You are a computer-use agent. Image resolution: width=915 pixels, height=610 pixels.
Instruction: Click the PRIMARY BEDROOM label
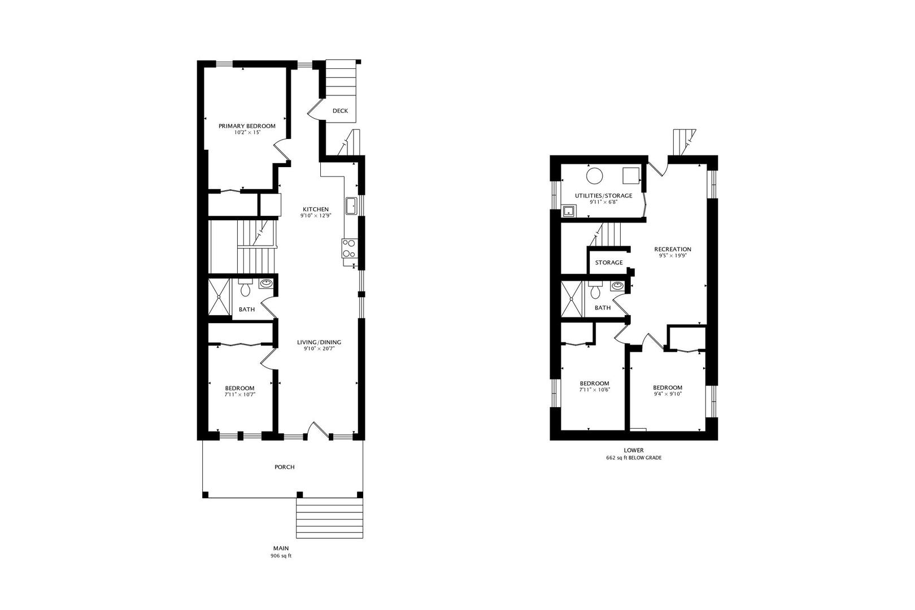(247, 126)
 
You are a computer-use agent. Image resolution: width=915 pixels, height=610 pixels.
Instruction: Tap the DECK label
(340, 111)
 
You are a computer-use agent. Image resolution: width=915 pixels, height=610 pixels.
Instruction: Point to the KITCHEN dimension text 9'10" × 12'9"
(315, 215)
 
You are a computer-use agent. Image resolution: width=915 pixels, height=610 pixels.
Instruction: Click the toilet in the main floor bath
(245, 289)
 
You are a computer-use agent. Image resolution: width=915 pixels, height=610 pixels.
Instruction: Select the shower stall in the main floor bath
(219, 297)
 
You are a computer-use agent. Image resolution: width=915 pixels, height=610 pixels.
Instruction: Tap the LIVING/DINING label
(319, 342)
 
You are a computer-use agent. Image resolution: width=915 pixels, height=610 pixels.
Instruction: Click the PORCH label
(284, 467)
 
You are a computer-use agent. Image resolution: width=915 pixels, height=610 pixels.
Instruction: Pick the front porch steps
(330, 518)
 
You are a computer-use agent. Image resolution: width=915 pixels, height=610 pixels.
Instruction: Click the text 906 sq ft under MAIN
(281, 556)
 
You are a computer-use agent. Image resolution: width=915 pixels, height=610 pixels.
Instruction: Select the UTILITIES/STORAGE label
(603, 195)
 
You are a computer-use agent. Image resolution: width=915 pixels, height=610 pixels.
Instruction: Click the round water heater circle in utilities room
(594, 176)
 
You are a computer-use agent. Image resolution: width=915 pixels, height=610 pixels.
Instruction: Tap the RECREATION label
(672, 249)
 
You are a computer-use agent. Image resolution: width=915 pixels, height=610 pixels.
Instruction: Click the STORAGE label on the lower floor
(608, 263)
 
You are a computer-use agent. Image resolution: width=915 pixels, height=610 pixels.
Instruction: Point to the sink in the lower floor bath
(618, 286)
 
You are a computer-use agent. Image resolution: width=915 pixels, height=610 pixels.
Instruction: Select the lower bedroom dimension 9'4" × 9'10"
(667, 394)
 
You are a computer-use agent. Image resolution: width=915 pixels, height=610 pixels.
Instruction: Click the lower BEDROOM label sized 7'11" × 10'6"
(594, 383)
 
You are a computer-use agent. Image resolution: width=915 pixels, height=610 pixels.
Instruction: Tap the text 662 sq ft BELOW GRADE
(633, 457)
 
